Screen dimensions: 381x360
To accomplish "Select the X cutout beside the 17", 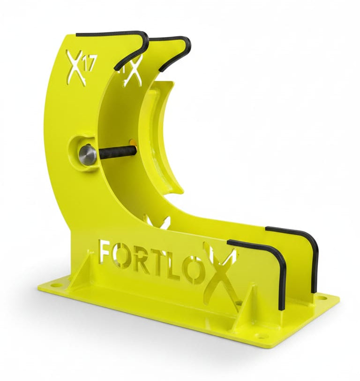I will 76,69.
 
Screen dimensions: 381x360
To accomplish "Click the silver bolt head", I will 87,155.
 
